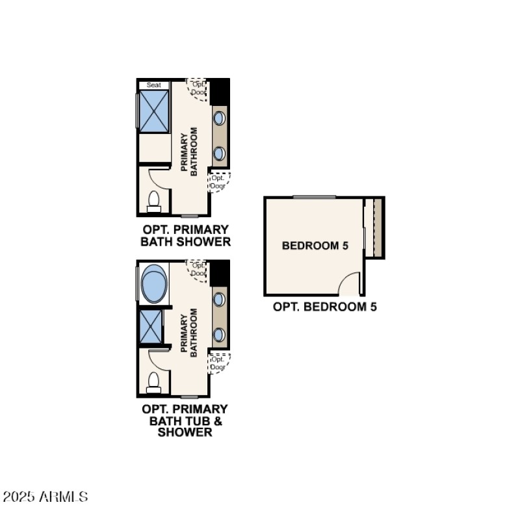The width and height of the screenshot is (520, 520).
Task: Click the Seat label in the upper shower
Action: pos(153,85)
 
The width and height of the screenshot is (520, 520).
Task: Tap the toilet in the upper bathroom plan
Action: pos(154,201)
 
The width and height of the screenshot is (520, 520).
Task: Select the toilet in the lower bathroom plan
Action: pos(154,382)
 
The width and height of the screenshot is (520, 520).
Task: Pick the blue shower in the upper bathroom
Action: pos(154,112)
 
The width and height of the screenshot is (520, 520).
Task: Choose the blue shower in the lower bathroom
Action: pos(151,327)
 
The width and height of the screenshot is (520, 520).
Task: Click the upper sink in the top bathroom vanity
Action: pos(220,118)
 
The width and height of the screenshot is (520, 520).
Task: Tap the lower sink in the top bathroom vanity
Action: pos(220,153)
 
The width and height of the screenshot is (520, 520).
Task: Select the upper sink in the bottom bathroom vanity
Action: pos(220,299)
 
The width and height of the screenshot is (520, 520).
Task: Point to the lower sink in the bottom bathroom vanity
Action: pos(220,334)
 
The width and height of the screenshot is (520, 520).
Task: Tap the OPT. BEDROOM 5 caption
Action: pos(325,306)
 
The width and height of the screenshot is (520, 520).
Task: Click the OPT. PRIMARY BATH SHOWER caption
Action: pos(186,236)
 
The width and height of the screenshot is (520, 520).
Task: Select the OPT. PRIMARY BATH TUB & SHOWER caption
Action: pos(185,420)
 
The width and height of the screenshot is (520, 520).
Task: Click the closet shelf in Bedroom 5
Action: pos(377,227)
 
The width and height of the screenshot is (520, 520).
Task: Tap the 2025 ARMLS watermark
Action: pos(45,497)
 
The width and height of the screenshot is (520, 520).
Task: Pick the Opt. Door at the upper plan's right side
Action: pos(218,182)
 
